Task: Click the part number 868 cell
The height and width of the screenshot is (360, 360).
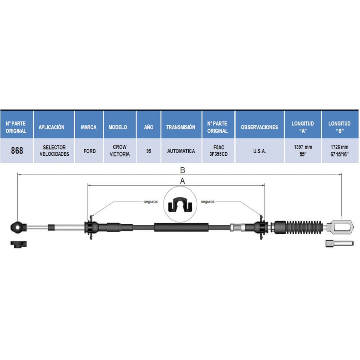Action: pos(17,151)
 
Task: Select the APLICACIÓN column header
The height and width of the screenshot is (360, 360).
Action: pos(51,127)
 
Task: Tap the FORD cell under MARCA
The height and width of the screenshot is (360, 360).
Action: pos(90,151)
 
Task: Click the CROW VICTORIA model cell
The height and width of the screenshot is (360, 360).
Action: pos(120,151)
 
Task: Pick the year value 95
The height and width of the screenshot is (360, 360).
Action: pos(149,151)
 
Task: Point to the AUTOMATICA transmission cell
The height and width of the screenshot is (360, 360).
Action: pos(181,151)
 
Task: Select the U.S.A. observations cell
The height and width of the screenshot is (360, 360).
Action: pos(259,151)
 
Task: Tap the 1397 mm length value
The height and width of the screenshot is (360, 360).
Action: pos(303,147)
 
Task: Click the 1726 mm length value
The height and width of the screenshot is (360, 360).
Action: pos(339,147)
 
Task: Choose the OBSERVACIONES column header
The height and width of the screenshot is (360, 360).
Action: pos(259,127)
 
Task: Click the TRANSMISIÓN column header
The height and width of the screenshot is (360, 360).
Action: pos(181,127)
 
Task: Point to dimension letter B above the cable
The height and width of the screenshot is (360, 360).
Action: pos(182,170)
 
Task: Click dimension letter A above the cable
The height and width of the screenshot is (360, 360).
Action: pos(182,181)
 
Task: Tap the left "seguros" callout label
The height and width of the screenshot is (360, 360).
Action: pos(151,202)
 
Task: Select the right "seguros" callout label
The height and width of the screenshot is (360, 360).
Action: pos(208,202)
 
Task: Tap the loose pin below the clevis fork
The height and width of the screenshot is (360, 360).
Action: pos(339,244)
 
